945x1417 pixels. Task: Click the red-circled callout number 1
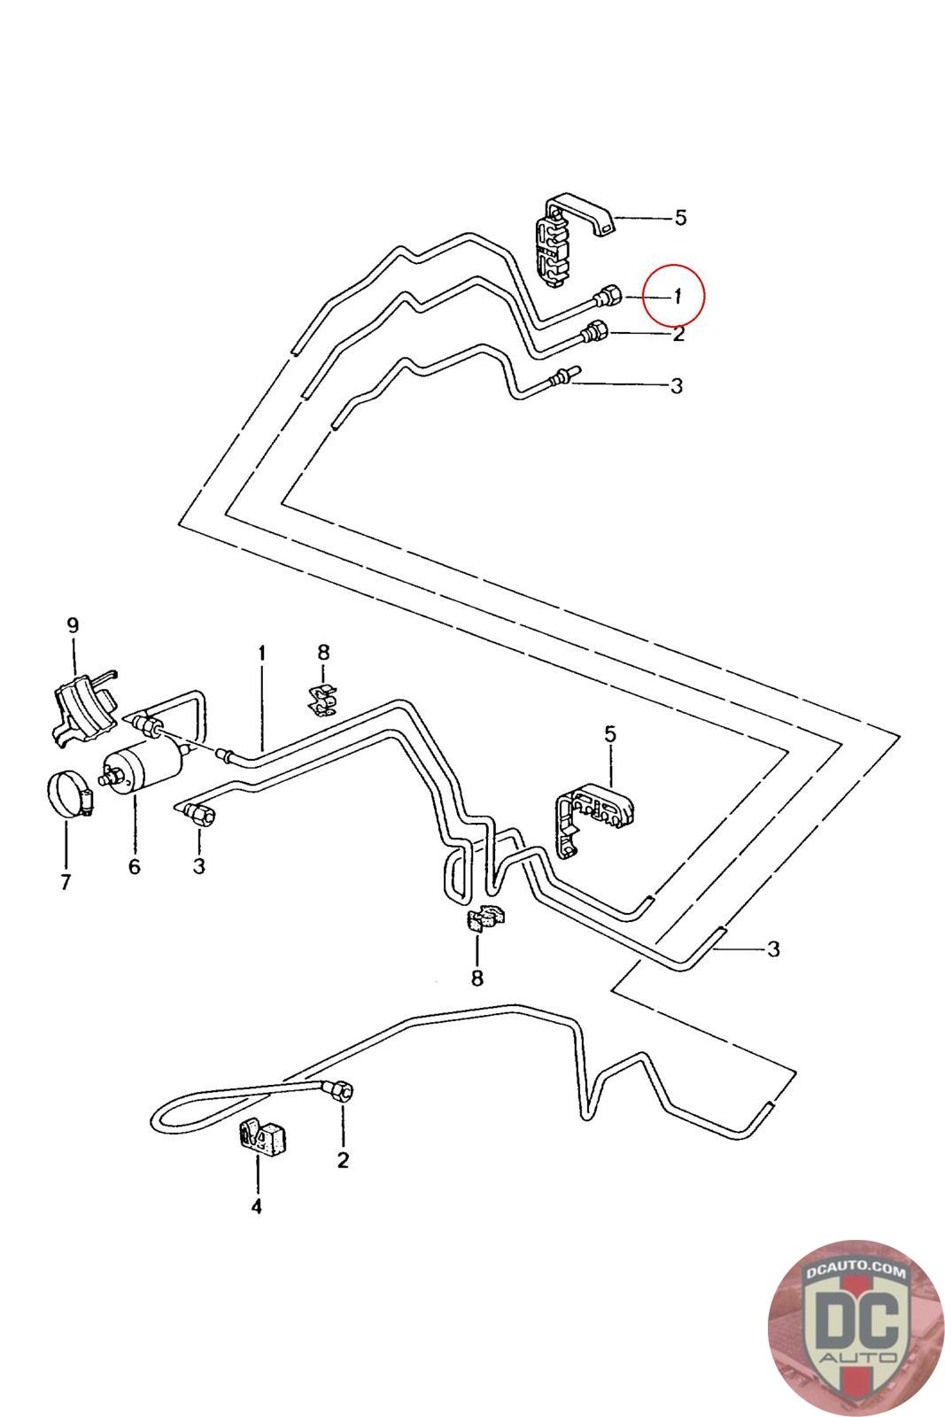point(677,297)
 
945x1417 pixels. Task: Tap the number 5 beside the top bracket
point(680,217)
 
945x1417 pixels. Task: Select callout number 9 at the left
point(73,624)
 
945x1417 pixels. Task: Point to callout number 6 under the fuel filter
point(134,865)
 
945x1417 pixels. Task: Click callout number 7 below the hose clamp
point(66,882)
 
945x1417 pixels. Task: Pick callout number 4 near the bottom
point(256,1206)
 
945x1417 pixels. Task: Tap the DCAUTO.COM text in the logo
point(856,1273)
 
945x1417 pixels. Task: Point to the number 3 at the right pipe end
point(773,949)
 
